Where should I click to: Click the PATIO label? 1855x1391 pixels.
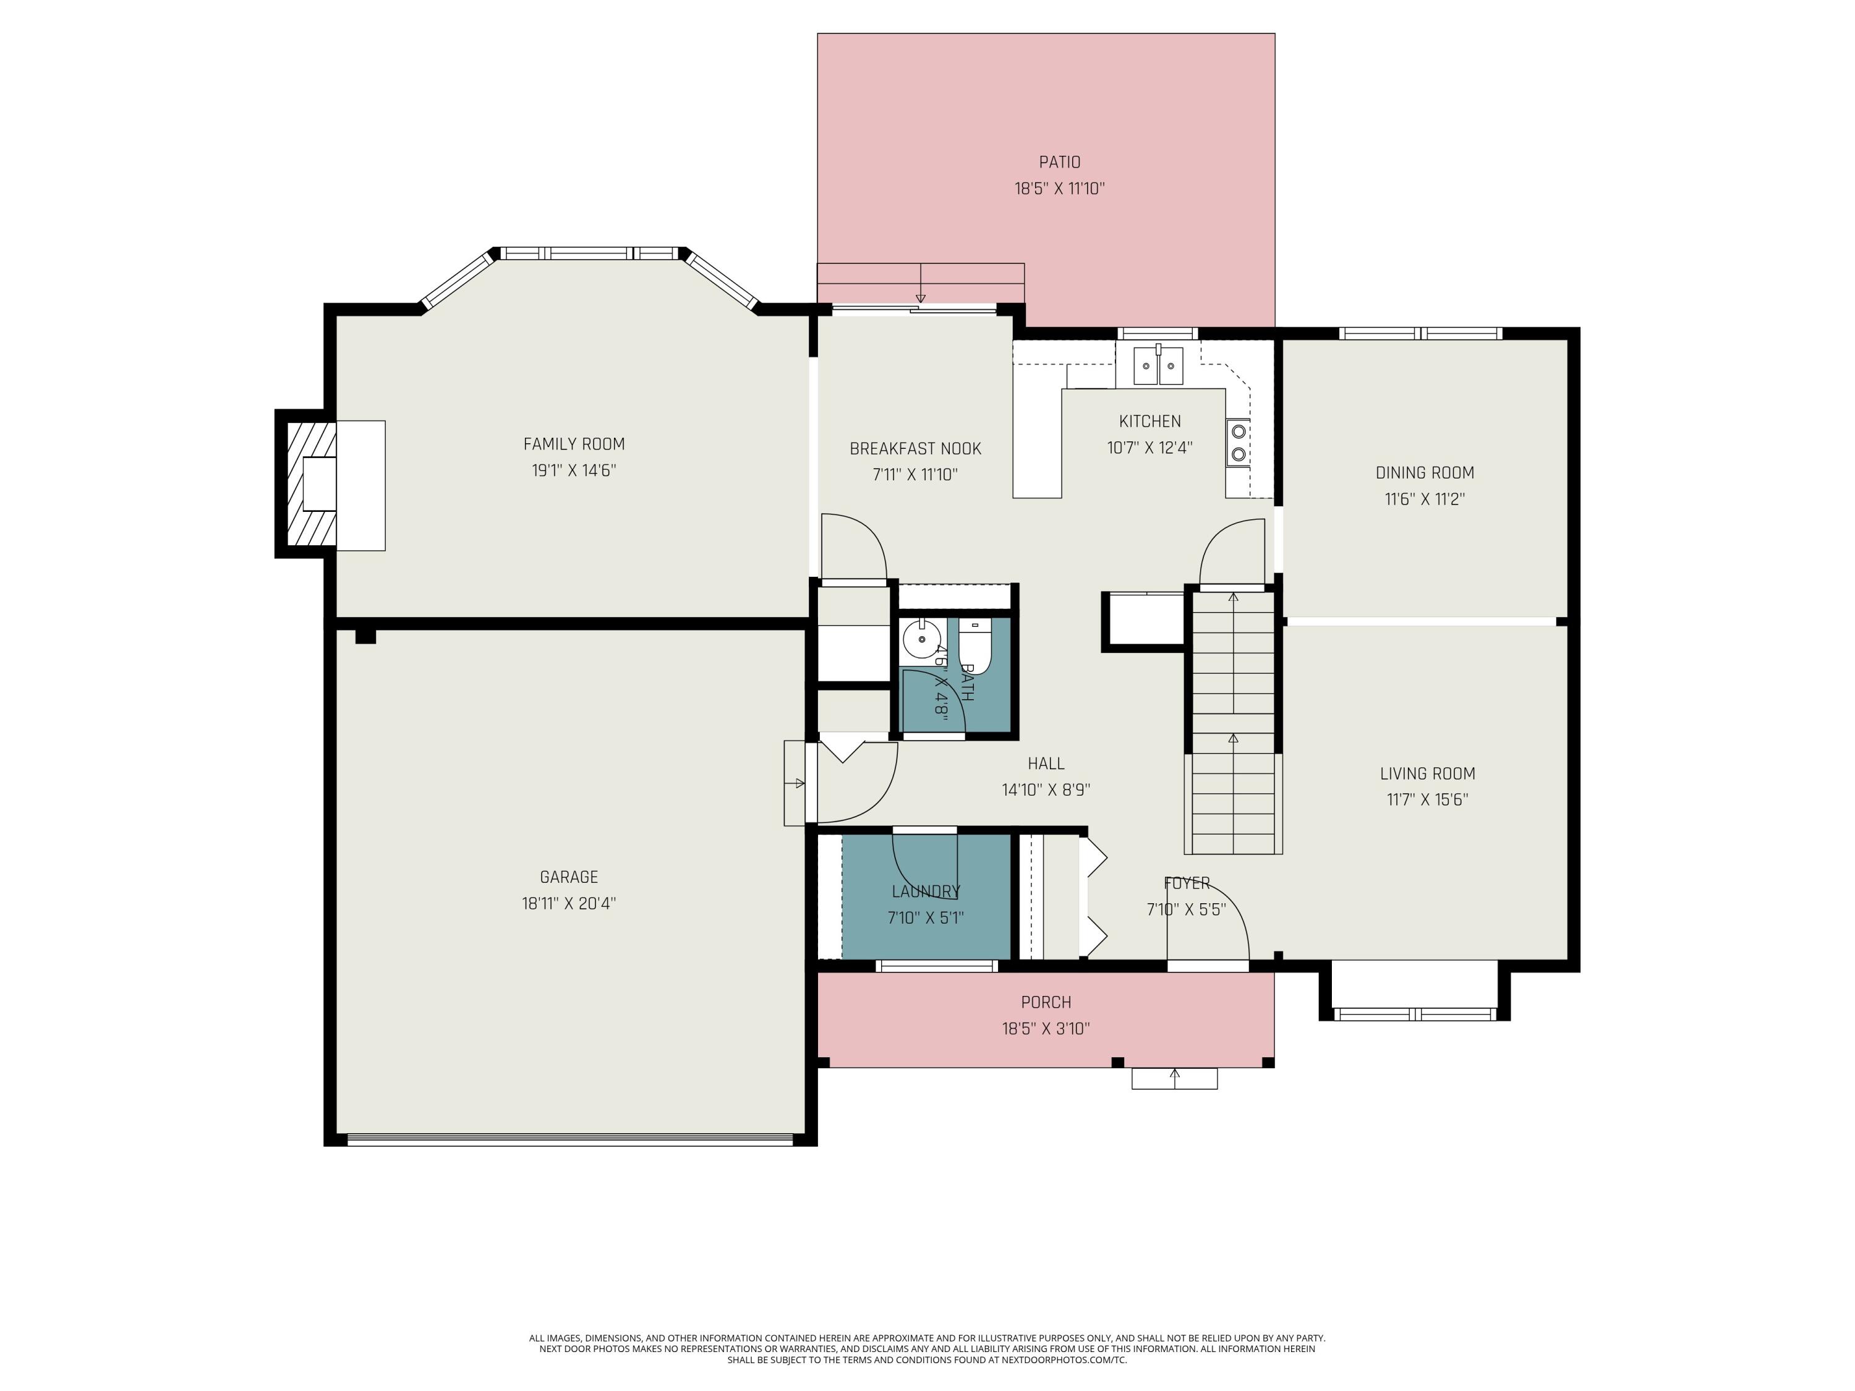pyautogui.click(x=1059, y=162)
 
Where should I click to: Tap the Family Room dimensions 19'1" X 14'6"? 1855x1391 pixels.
pyautogui.click(x=574, y=470)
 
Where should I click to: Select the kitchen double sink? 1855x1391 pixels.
pyautogui.click(x=1158, y=365)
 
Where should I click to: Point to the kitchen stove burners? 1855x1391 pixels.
pyautogui.click(x=1238, y=443)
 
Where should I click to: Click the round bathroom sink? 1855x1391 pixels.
pyautogui.click(x=922, y=640)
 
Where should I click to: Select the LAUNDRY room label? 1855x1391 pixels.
pyautogui.click(x=926, y=891)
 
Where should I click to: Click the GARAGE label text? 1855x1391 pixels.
pyautogui.click(x=569, y=877)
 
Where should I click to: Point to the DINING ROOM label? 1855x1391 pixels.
pyautogui.click(x=1424, y=473)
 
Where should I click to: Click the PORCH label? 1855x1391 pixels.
pyautogui.click(x=1046, y=1002)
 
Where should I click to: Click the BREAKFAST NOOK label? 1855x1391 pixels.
pyautogui.click(x=915, y=449)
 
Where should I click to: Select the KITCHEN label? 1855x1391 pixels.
pyautogui.click(x=1149, y=421)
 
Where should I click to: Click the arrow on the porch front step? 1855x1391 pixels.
pyautogui.click(x=1175, y=1076)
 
